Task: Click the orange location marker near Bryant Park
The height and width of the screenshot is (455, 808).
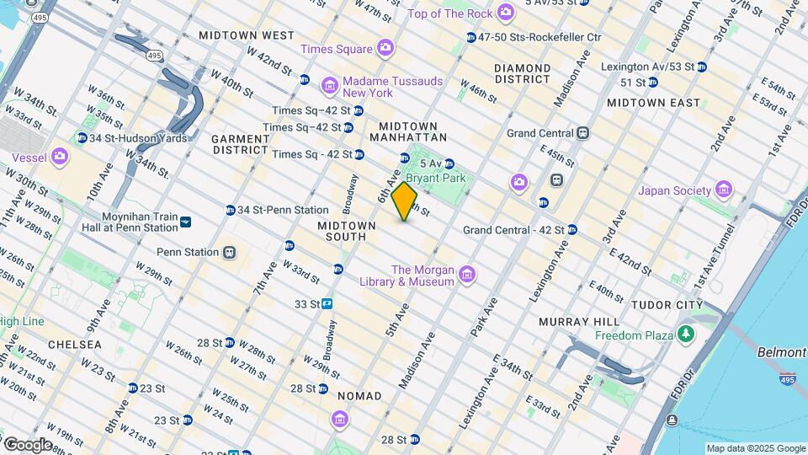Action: [405, 201]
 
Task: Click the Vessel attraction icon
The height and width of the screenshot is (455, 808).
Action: [60, 156]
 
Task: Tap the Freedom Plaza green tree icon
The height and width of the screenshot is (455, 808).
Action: [688, 335]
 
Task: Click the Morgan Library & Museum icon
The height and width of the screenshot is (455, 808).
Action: [467, 275]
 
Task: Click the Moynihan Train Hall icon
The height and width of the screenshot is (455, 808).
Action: [186, 222]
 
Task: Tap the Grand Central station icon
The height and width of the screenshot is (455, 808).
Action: [582, 133]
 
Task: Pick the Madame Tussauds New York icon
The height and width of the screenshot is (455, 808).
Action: [330, 86]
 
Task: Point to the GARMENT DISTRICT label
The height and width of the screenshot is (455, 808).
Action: [240, 144]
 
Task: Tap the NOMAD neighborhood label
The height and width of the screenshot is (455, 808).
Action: [359, 396]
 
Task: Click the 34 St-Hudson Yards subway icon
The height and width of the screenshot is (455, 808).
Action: [82, 138]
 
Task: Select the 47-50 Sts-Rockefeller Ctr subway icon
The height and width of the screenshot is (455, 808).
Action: [470, 37]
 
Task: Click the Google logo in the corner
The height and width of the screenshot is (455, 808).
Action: [29, 444]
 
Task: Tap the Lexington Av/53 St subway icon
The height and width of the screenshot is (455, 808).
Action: [701, 67]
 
